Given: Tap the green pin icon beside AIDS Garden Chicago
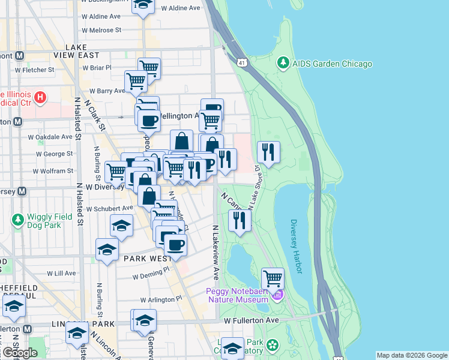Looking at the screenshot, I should (283, 62).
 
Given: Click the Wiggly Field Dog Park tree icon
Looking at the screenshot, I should (17, 220).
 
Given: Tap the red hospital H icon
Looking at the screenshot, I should (40, 97).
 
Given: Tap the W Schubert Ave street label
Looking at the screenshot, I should (109, 208).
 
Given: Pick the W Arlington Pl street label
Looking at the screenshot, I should (161, 299).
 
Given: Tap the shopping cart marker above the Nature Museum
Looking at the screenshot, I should (273, 278).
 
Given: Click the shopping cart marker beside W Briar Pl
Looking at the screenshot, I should (148, 68).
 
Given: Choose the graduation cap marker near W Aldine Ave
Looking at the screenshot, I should (142, 6).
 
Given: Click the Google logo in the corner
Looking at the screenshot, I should (19, 352).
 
